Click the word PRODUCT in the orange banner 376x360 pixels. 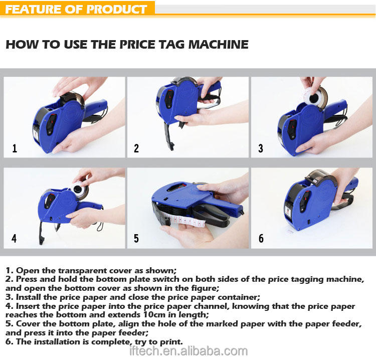116,9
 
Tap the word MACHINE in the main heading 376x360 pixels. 218,44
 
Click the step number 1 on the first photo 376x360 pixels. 15,148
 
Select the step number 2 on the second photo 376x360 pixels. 136,148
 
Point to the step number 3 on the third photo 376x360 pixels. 261,148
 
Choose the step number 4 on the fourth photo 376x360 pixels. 14,238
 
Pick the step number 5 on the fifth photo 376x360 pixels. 136,238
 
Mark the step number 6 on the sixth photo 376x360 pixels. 261,238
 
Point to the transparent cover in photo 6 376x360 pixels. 320,177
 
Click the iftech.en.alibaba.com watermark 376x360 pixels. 189,351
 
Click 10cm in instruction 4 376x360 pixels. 154,314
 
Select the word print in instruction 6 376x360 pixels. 170,342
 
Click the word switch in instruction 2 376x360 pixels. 166,279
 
